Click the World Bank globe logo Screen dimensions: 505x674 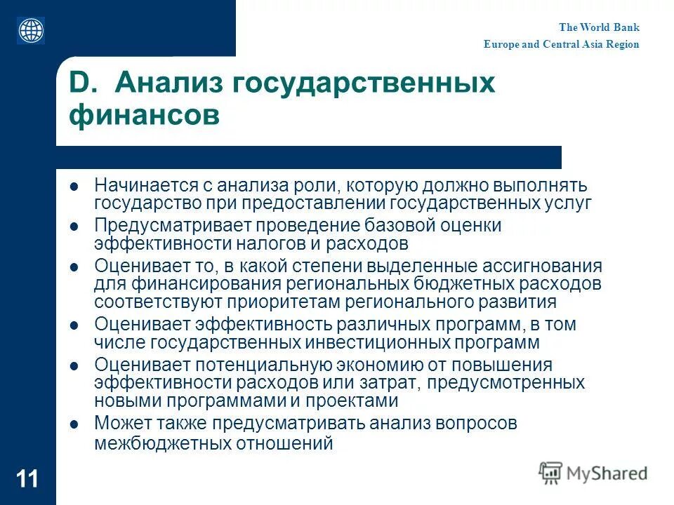click(31, 30)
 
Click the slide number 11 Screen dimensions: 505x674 click(28, 480)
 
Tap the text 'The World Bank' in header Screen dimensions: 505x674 click(599, 28)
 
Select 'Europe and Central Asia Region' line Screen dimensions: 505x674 click(561, 44)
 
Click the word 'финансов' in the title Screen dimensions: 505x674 click(144, 115)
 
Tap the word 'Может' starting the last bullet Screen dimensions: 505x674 click(119, 424)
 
